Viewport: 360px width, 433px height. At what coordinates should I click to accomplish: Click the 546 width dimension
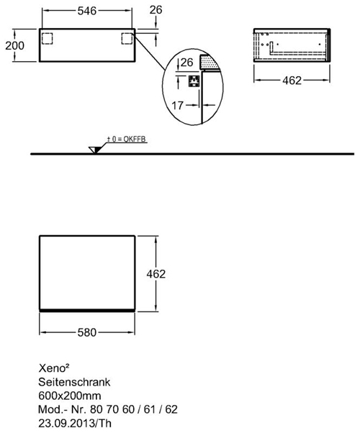click(x=87, y=11)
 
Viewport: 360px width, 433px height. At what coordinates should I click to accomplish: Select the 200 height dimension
click(x=15, y=45)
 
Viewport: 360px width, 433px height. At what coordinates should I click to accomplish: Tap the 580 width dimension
click(x=87, y=332)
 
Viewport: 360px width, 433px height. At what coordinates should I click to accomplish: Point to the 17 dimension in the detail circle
click(x=178, y=105)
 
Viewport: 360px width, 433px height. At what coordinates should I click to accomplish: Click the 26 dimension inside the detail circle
click(x=186, y=63)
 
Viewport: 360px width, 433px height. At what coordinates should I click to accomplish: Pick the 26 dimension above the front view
click(x=156, y=10)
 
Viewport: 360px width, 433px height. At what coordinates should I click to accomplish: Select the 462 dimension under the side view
click(x=292, y=81)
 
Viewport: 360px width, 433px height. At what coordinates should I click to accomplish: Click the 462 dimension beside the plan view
click(x=156, y=274)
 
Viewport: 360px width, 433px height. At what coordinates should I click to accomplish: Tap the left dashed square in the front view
click(x=47, y=39)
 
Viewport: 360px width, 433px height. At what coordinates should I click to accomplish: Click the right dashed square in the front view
click(x=127, y=39)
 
